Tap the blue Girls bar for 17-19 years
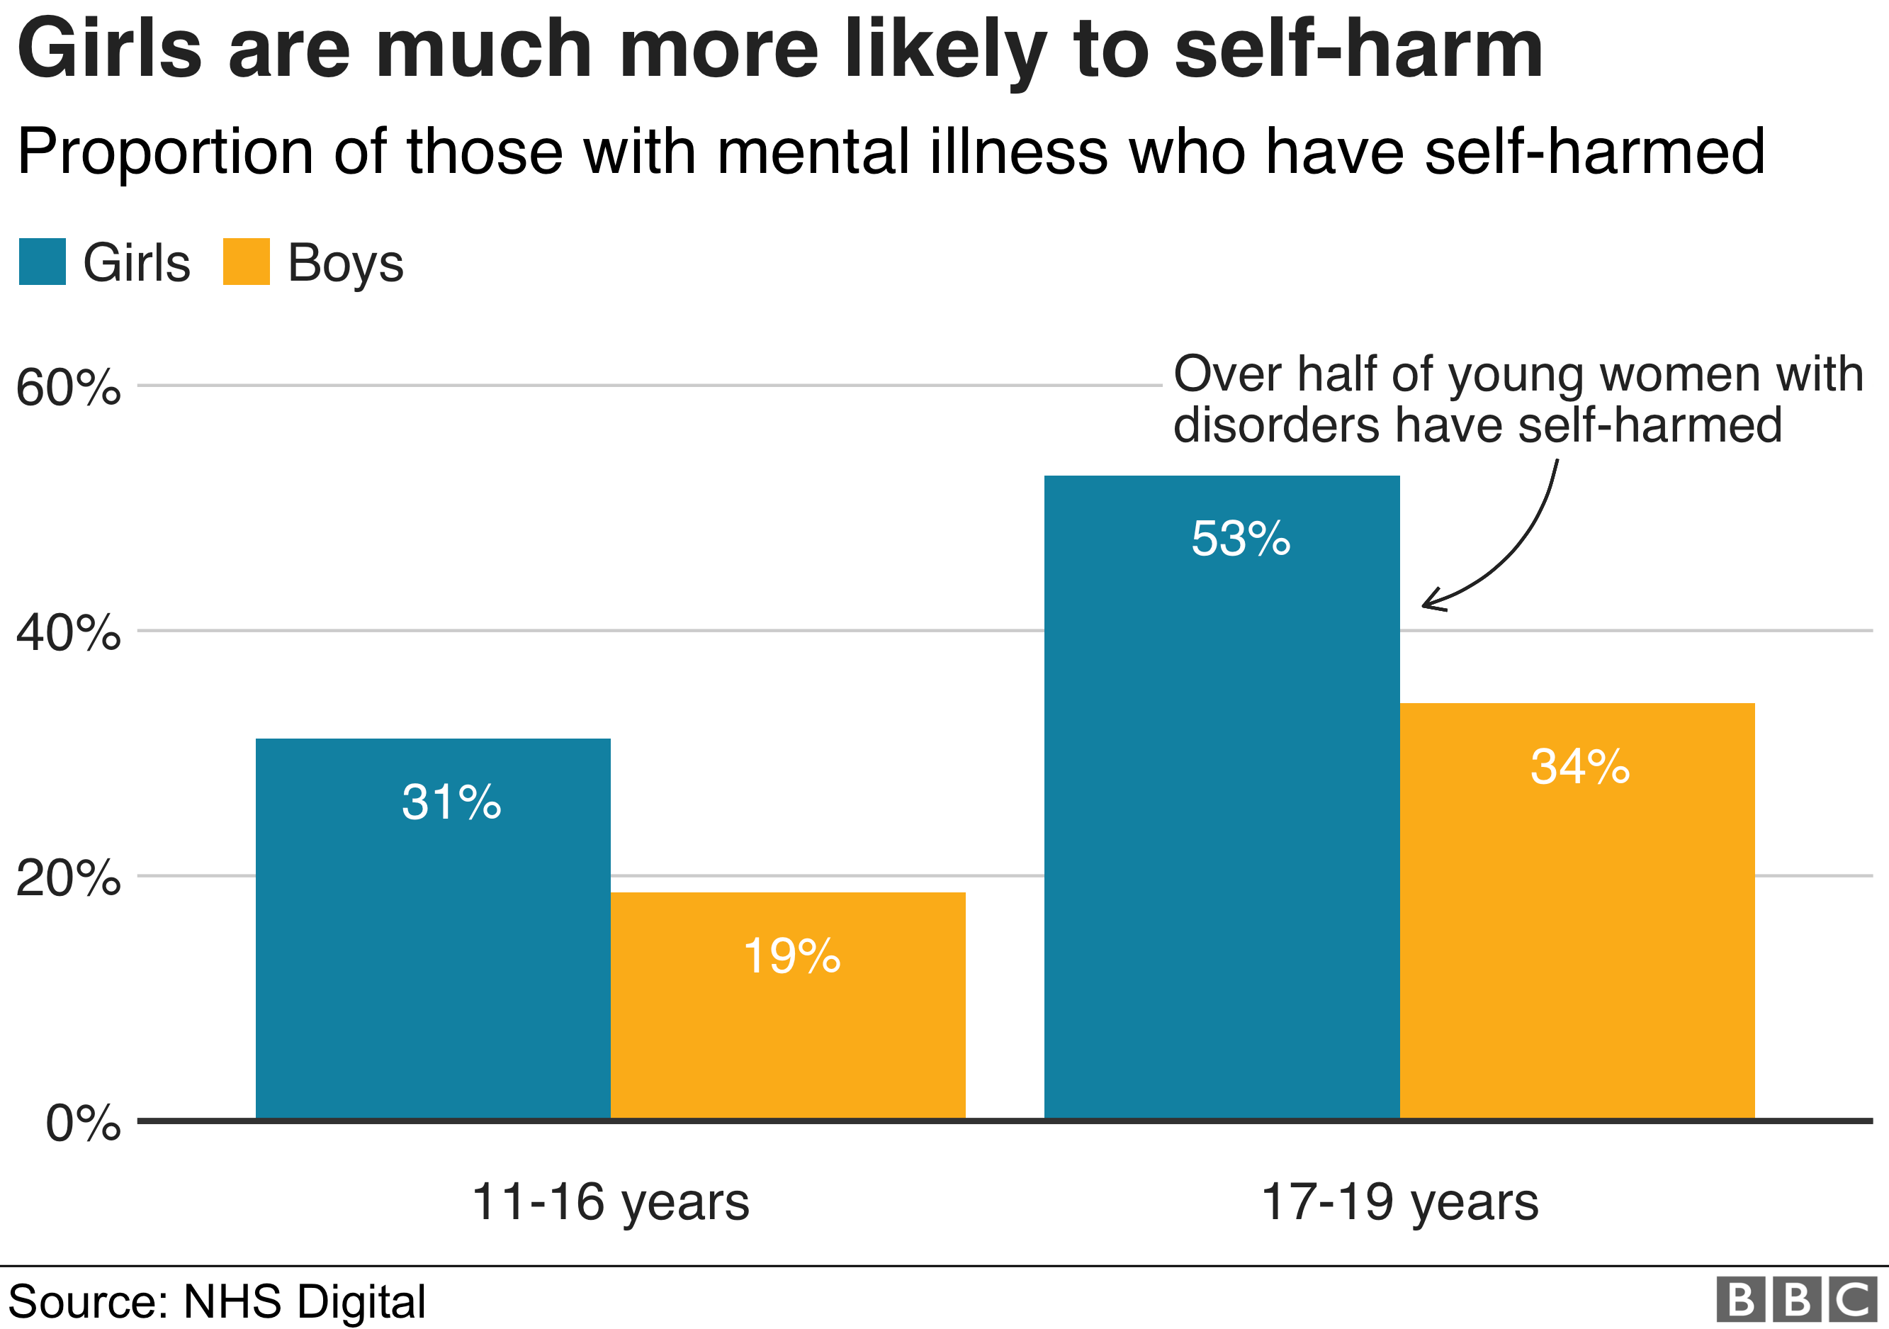pos(1222,823)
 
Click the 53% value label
pos(1241,540)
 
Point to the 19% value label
pos(791,956)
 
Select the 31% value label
pos(451,802)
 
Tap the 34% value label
pos(1579,767)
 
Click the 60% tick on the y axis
pos(68,387)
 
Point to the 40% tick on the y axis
pos(68,633)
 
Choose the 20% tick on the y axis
pos(68,878)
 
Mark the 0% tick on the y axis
pos(83,1123)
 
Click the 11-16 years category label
pos(611,1202)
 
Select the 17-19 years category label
pos(1399,1202)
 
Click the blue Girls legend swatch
pos(42,262)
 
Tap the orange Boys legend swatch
pos(246,262)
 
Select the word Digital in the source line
pos(361,1302)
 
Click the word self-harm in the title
pos(1358,50)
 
